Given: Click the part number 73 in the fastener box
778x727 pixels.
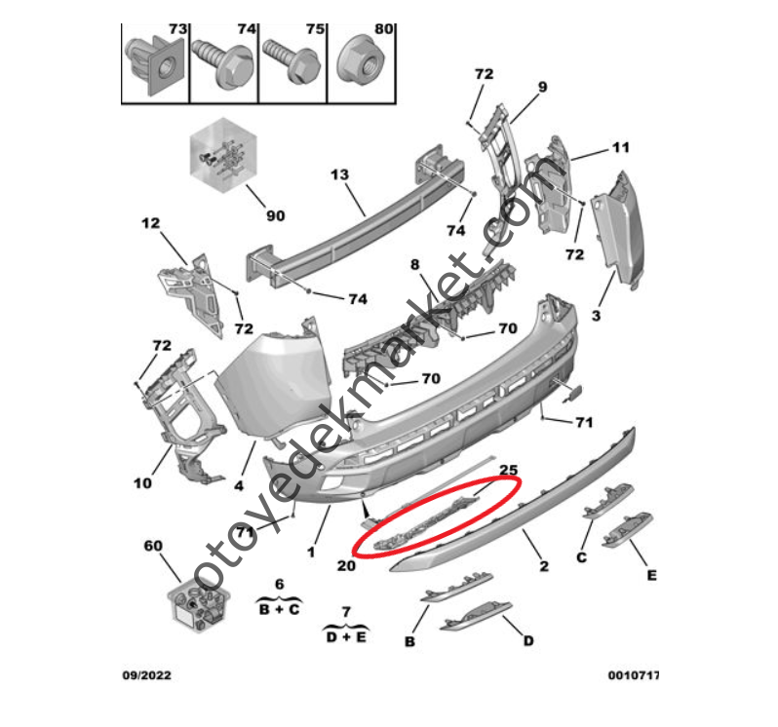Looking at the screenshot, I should [176, 29].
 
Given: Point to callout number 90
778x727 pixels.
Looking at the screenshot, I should [275, 214].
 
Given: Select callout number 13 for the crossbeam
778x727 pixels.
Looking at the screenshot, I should [339, 175].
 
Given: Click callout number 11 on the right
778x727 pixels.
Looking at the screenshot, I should [621, 148].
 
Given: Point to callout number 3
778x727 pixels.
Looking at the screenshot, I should [596, 316].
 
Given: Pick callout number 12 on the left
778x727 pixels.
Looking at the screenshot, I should [149, 223].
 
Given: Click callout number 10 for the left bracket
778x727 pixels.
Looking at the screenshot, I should [142, 482].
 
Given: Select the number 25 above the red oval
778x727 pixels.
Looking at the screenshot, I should [508, 470].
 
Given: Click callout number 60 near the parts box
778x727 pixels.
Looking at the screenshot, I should [152, 546].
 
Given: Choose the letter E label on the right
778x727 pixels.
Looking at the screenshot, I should [650, 575].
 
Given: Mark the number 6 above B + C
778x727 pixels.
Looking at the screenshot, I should [279, 583].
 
